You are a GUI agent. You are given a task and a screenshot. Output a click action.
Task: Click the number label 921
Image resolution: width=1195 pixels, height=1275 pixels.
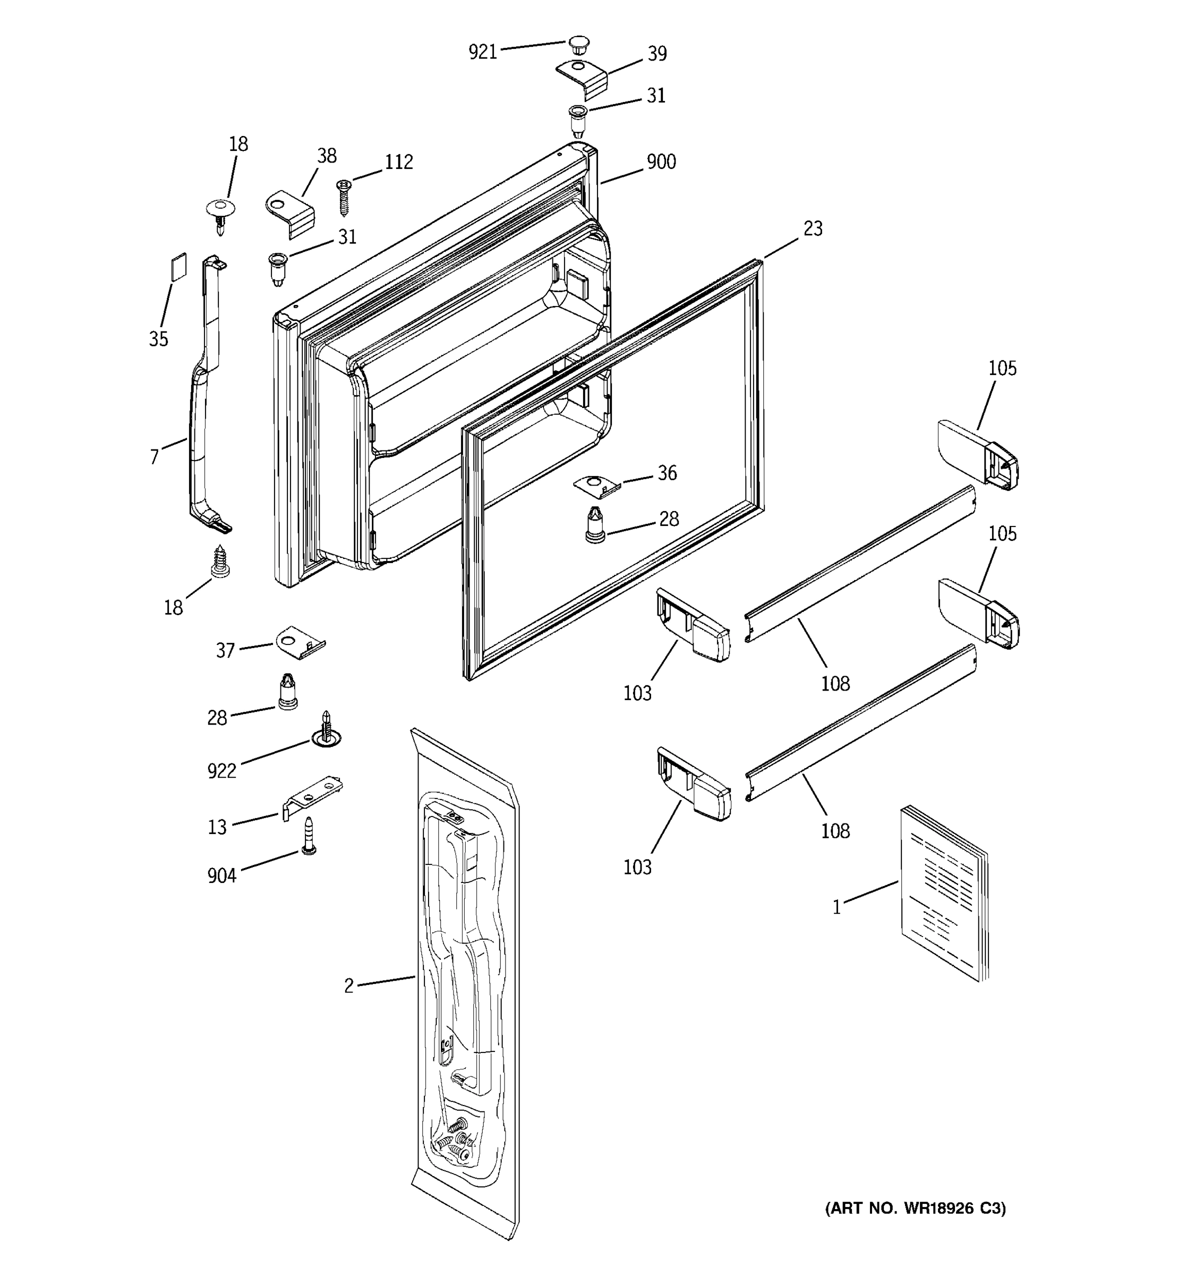[482, 52]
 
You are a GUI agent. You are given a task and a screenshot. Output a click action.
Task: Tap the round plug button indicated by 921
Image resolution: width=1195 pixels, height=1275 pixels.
[578, 46]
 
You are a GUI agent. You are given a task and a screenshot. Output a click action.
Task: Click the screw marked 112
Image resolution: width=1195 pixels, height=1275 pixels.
[344, 195]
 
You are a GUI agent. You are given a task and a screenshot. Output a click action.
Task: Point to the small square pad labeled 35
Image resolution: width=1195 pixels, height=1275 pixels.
[179, 266]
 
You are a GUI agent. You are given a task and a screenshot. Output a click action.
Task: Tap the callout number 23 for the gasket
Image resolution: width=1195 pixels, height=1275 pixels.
[812, 229]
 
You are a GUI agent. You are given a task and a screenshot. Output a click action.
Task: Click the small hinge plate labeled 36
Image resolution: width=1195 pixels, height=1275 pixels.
[596, 486]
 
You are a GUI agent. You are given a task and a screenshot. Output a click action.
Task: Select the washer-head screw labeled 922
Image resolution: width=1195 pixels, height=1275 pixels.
[327, 731]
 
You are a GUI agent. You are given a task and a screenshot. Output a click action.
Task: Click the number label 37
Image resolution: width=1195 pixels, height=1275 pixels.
[225, 651]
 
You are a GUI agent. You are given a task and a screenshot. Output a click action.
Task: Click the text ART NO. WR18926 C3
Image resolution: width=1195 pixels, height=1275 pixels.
[915, 1208]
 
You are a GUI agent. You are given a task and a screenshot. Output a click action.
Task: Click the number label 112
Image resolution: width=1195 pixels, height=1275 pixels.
[398, 162]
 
